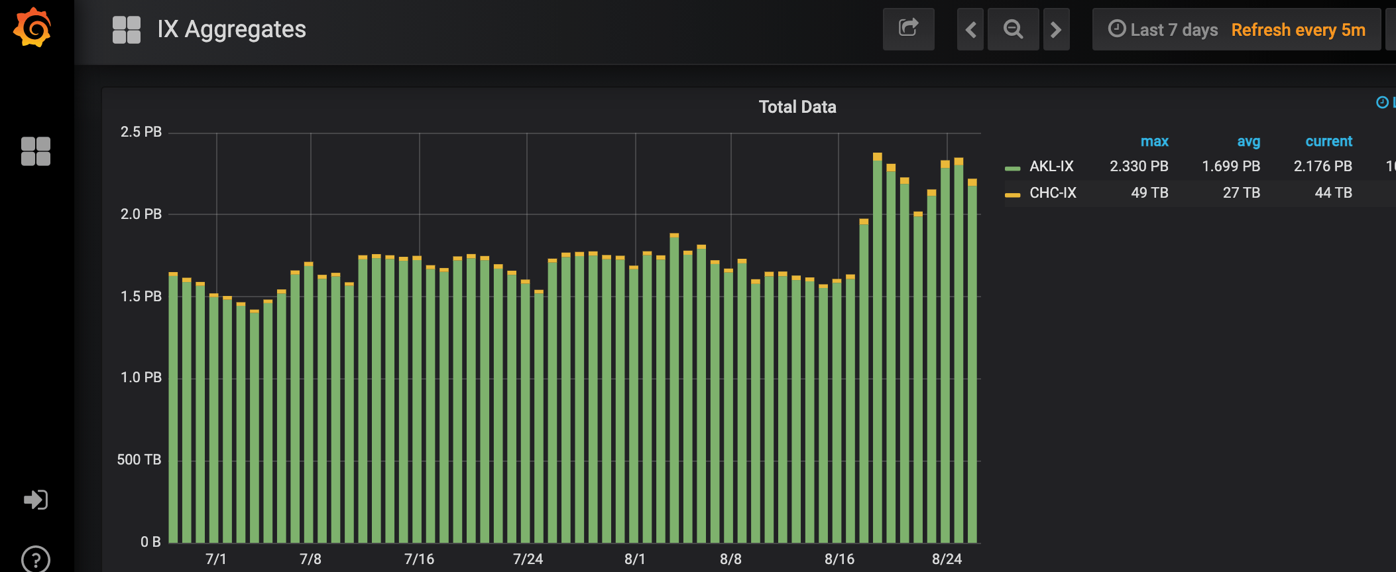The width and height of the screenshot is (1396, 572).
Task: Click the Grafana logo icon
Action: point(32,28)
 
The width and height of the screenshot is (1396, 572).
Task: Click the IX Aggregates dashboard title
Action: point(231,29)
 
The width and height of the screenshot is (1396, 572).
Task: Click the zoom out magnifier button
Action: point(1013,29)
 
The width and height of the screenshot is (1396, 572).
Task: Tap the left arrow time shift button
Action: point(970,29)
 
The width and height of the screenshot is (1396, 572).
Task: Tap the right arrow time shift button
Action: point(1056,29)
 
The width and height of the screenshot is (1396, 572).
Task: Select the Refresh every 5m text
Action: point(1298,30)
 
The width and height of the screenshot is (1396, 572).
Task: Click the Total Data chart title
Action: point(797,107)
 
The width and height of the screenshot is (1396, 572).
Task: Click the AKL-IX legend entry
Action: point(1051,167)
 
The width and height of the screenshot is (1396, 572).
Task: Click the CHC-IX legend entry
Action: point(1052,193)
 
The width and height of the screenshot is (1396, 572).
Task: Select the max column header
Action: point(1154,141)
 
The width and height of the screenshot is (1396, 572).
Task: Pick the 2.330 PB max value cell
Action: point(1139,167)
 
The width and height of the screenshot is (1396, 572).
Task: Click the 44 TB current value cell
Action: point(1333,193)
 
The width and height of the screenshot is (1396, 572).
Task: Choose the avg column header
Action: point(1248,141)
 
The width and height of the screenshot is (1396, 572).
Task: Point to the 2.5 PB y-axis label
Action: point(141,132)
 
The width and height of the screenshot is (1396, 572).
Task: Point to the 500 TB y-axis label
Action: point(139,460)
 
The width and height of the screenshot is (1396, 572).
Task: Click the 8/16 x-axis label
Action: point(839,559)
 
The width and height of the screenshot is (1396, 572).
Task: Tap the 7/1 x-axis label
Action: point(216,559)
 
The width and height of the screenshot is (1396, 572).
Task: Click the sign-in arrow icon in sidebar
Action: point(36,500)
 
